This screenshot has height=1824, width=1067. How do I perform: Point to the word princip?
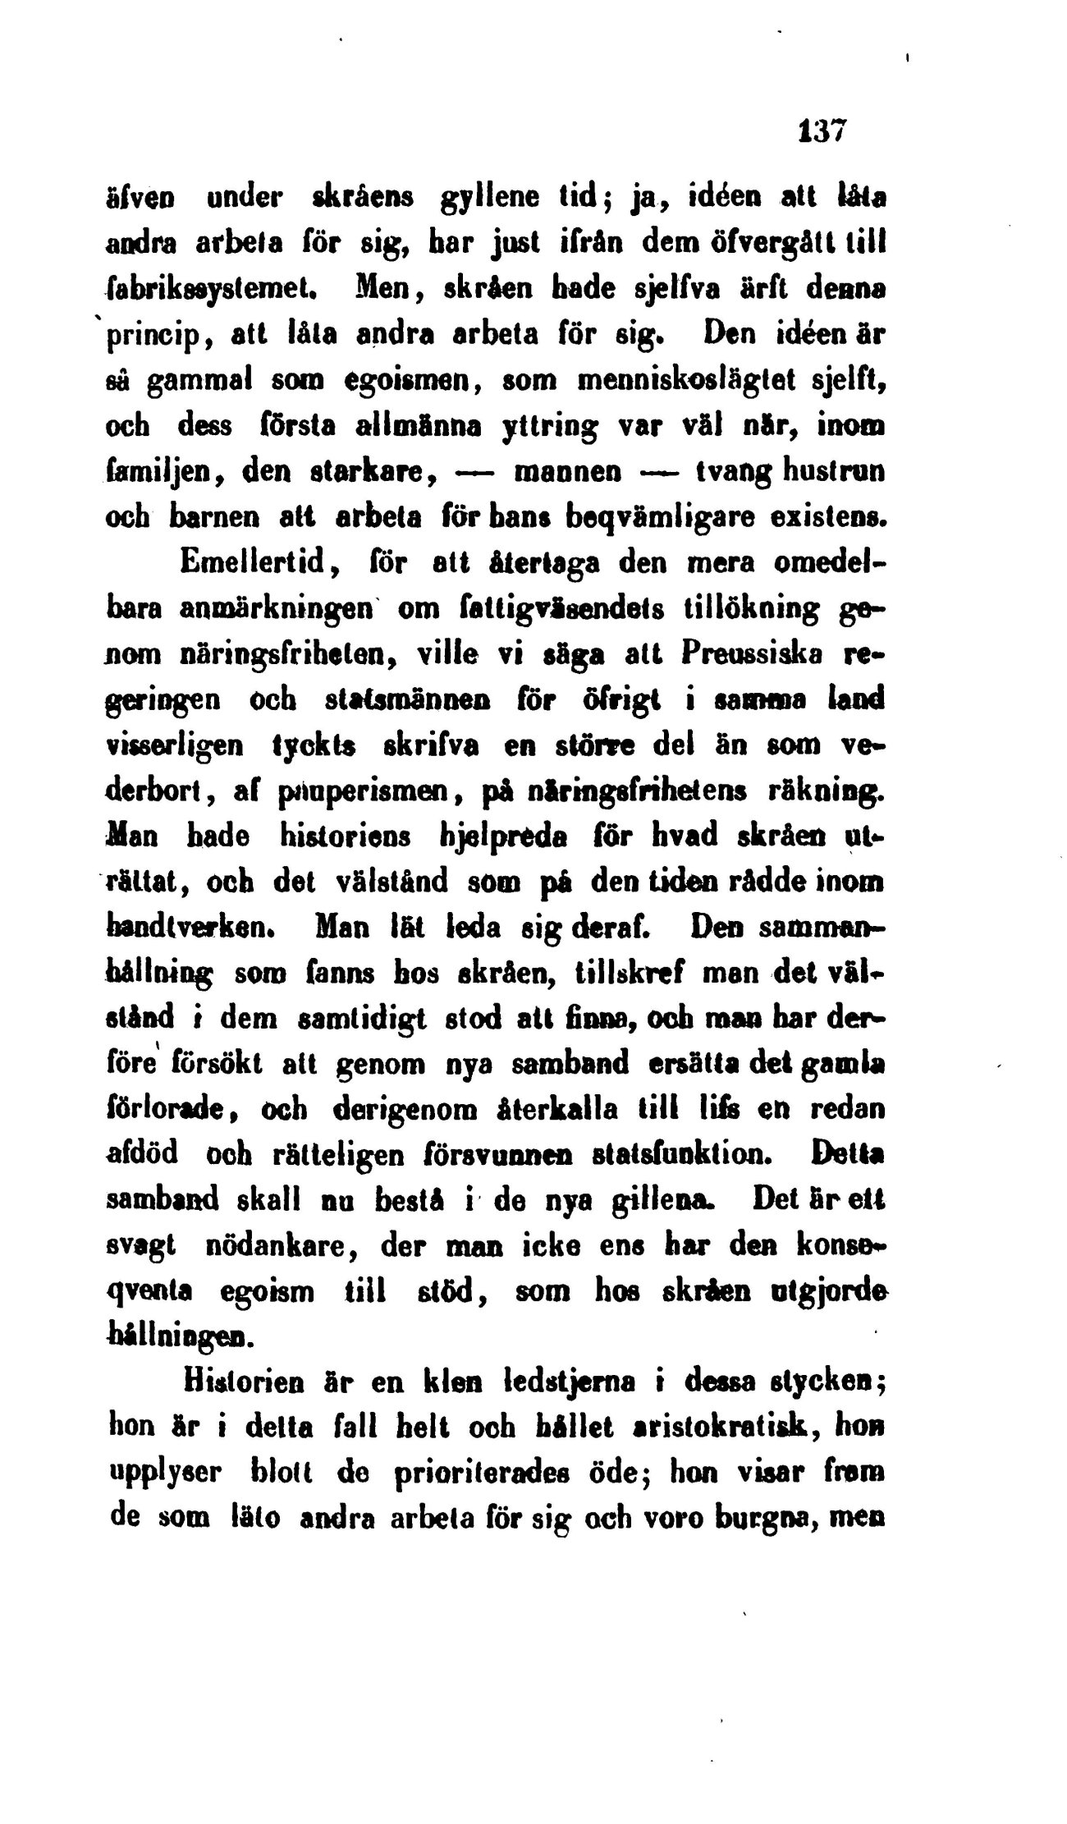tap(162, 337)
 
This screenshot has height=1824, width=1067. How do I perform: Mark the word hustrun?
tap(828, 474)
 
